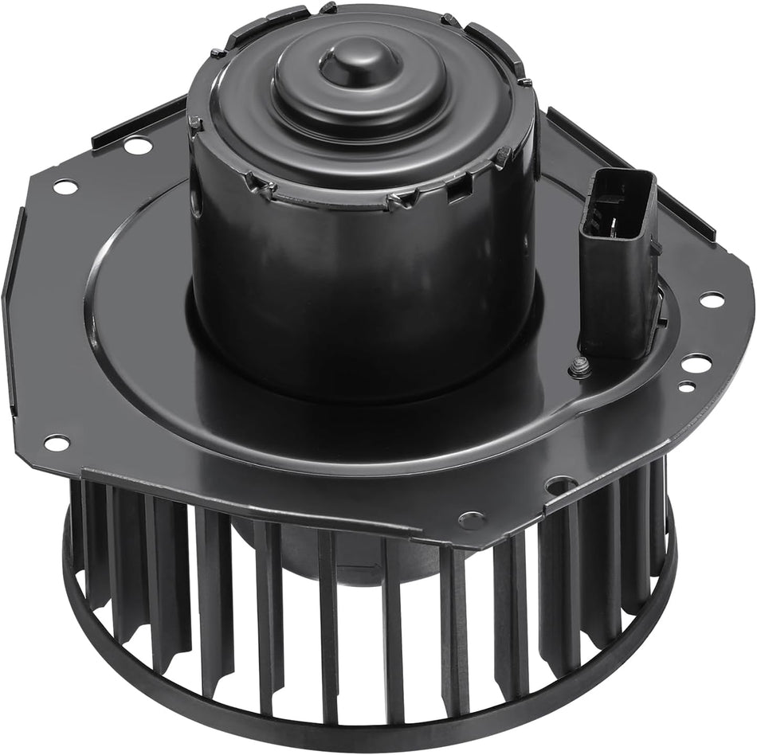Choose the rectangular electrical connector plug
click(620, 263)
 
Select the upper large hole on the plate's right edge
click(711, 299)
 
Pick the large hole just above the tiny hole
click(696, 363)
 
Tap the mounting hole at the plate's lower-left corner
click(56, 441)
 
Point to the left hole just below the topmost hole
click(65, 186)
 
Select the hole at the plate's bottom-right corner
click(561, 483)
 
